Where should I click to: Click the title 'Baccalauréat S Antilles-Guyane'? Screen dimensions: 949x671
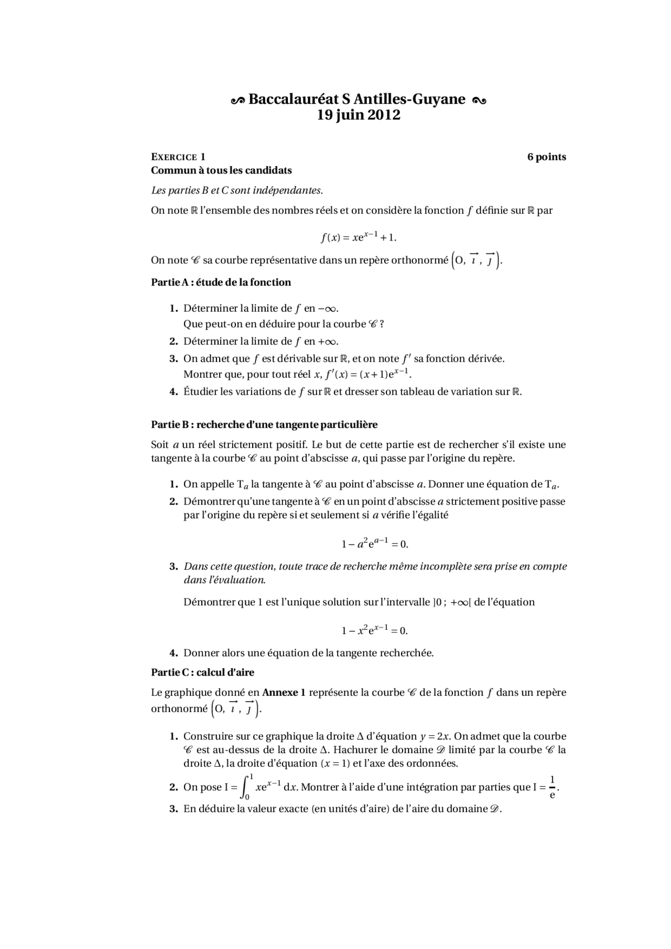coord(357,99)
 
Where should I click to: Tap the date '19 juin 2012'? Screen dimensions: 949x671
coord(359,115)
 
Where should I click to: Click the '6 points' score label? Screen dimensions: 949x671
coord(546,157)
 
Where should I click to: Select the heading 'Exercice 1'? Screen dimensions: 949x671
coord(178,157)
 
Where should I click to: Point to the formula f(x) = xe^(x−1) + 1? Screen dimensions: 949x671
coord(359,237)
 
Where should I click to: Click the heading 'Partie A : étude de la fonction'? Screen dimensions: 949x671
coord(221,282)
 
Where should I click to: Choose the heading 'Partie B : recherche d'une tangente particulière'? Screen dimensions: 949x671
coord(264,424)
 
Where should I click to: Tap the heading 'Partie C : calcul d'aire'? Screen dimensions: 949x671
coord(202,672)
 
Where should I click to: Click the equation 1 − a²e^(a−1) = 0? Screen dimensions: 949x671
coord(375,543)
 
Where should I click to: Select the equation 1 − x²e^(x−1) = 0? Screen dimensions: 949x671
coord(375,630)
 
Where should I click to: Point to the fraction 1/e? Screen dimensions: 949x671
coord(552,787)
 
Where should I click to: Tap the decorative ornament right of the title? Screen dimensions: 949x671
coord(479,100)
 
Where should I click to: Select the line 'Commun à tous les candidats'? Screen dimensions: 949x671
coord(221,170)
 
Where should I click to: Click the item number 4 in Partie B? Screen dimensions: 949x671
coord(174,653)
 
